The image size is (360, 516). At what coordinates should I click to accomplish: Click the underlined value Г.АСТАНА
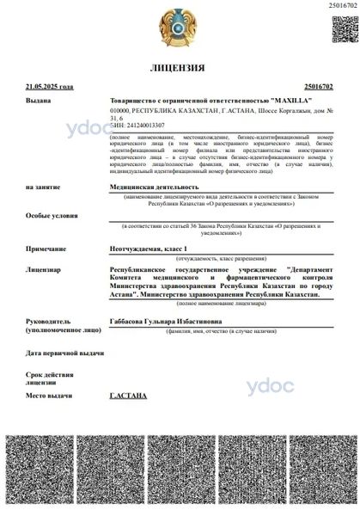129,395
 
